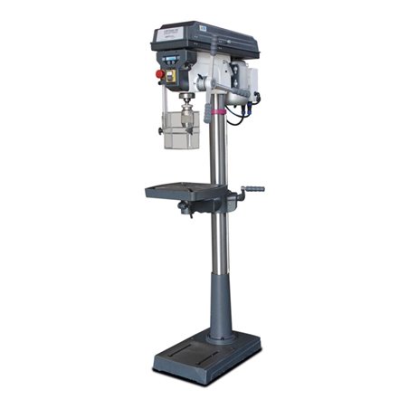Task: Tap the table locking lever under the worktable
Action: pos(185,210)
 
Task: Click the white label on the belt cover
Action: pos(169,33)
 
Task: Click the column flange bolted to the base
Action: pos(219,338)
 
